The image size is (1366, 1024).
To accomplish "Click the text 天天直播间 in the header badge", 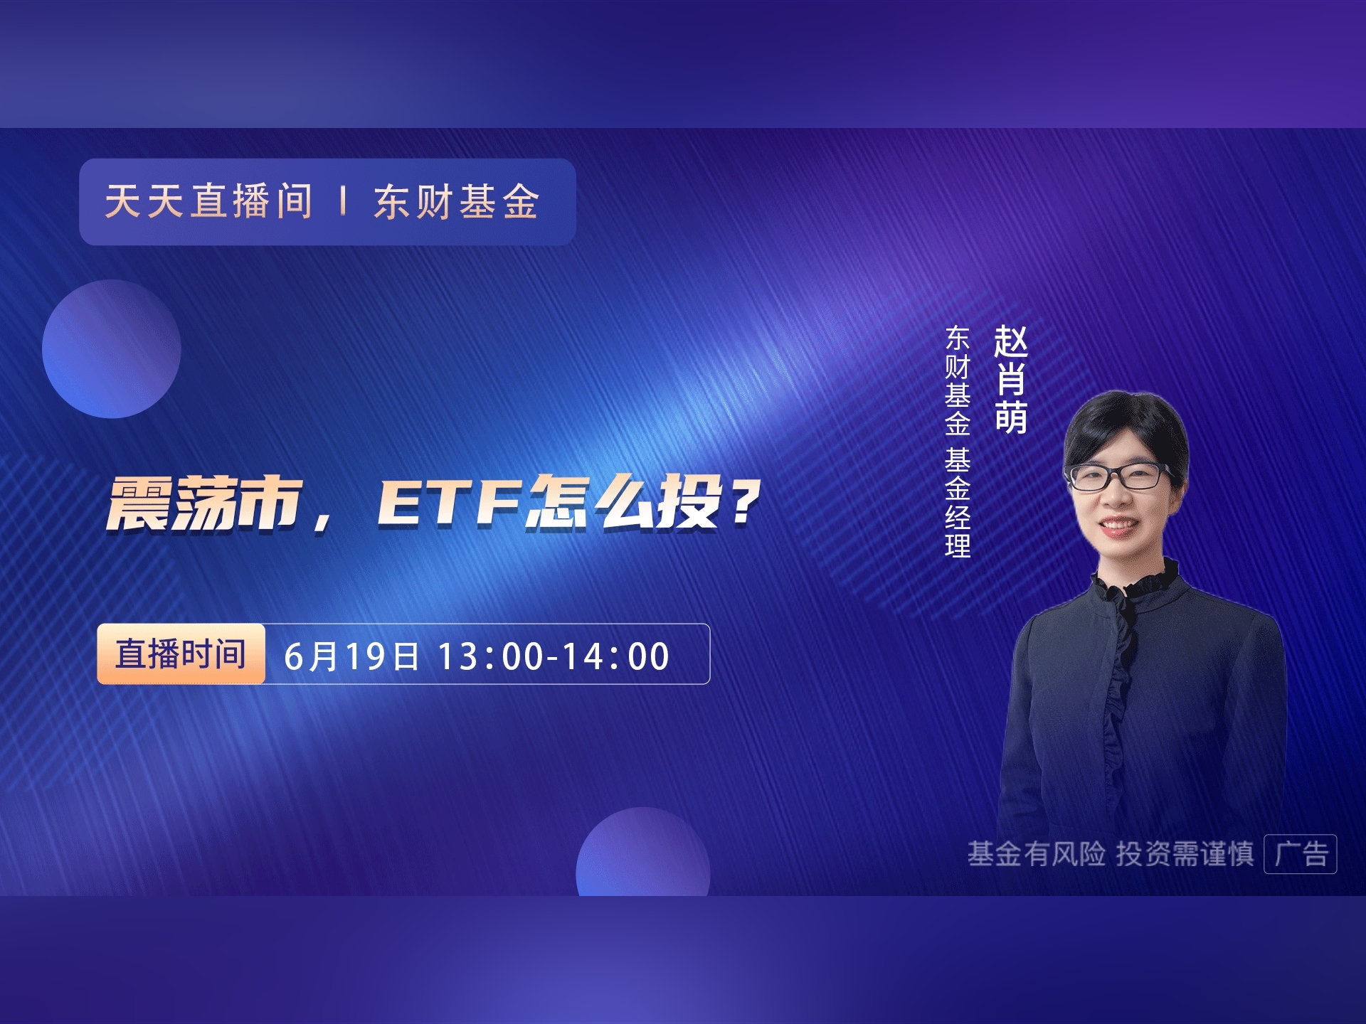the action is click(208, 201).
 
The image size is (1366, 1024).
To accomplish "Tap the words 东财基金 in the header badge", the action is click(456, 201).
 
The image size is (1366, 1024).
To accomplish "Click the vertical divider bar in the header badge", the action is click(344, 201).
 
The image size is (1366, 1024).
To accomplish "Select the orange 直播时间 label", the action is click(181, 654).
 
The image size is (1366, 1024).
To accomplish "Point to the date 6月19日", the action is click(351, 656).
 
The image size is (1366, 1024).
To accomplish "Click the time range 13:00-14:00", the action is click(554, 656).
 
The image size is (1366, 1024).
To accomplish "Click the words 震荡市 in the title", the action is click(205, 503).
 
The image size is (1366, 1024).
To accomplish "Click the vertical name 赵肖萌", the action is click(1011, 379).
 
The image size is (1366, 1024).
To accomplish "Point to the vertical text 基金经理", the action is click(958, 503).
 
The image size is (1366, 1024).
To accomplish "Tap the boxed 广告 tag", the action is click(1301, 853).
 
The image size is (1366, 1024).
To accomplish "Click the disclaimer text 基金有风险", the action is click(1036, 853).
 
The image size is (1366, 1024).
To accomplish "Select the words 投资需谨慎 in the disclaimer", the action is click(1185, 853).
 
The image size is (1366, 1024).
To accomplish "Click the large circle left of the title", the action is click(112, 348).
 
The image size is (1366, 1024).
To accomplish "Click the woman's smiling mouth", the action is click(1116, 526).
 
